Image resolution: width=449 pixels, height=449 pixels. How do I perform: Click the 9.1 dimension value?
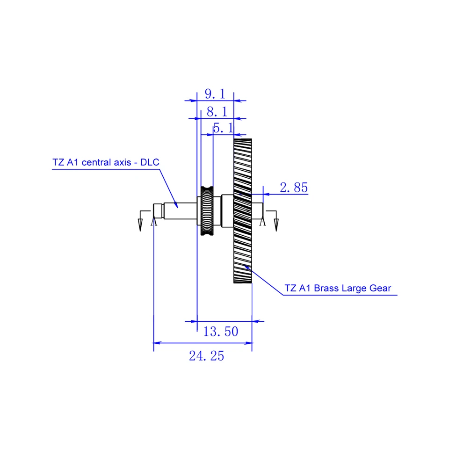215,94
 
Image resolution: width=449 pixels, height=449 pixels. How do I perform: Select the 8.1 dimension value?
217,112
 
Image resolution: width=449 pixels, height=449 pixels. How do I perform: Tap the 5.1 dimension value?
224,128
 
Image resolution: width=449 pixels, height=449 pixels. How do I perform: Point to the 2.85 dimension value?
294,188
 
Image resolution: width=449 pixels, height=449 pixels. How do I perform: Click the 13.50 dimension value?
220,332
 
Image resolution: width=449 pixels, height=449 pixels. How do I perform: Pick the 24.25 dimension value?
206,356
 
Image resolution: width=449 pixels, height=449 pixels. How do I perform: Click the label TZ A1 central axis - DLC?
106,162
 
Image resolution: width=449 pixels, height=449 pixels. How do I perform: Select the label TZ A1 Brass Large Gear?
338,288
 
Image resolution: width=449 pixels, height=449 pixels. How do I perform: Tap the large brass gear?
243,211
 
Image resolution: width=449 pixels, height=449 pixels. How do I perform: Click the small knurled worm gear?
207,211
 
